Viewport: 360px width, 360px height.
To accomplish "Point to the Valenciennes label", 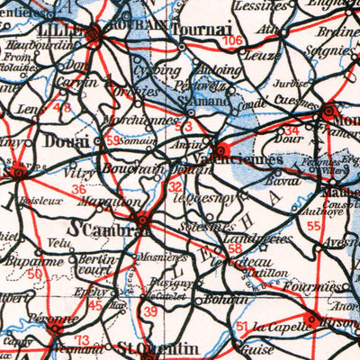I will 263,159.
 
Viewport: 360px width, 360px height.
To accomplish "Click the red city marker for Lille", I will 94,35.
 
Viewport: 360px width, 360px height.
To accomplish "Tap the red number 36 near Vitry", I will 79,190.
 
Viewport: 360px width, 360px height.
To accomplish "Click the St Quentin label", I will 144,347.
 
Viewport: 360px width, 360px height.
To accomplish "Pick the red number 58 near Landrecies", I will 235,247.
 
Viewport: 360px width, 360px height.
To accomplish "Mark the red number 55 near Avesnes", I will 312,224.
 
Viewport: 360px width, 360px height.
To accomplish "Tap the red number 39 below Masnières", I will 151,310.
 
